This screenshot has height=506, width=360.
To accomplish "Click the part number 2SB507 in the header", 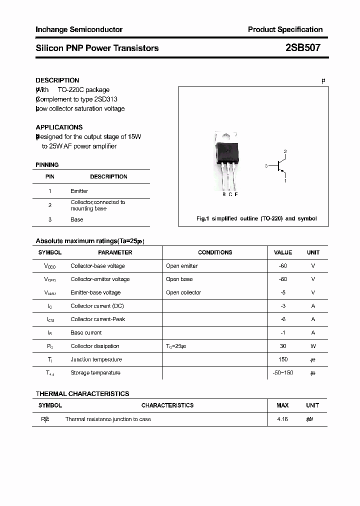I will coord(303,48).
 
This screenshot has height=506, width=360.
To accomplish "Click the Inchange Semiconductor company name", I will coord(79,29).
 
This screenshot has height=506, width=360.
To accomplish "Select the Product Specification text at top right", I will coord(285,29).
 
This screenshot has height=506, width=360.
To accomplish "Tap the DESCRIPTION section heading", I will coord(57,80).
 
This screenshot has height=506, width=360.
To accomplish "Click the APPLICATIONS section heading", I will coord(59,127).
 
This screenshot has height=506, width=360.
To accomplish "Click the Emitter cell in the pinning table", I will coord(79,191).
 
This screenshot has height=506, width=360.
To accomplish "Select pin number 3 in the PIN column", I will coord(50,219).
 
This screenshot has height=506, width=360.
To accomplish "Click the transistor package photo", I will coord(227,160).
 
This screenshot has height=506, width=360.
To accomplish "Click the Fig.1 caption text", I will coord(256,218).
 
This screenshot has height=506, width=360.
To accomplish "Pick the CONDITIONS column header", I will coord(215,252).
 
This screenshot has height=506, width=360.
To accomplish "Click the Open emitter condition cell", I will coord(182,266).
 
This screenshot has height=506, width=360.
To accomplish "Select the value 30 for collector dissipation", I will coord(283,346).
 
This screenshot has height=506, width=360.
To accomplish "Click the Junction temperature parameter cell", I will coord(96,359).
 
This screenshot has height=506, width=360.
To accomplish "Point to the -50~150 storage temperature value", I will coord(283,373).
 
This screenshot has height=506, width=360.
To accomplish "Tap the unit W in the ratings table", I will coord(313,346).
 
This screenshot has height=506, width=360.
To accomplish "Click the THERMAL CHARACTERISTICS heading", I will coord(82,393).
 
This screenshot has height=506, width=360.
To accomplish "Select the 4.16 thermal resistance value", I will coord(282,419).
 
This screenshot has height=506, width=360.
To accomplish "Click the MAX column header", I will coord(282,405).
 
